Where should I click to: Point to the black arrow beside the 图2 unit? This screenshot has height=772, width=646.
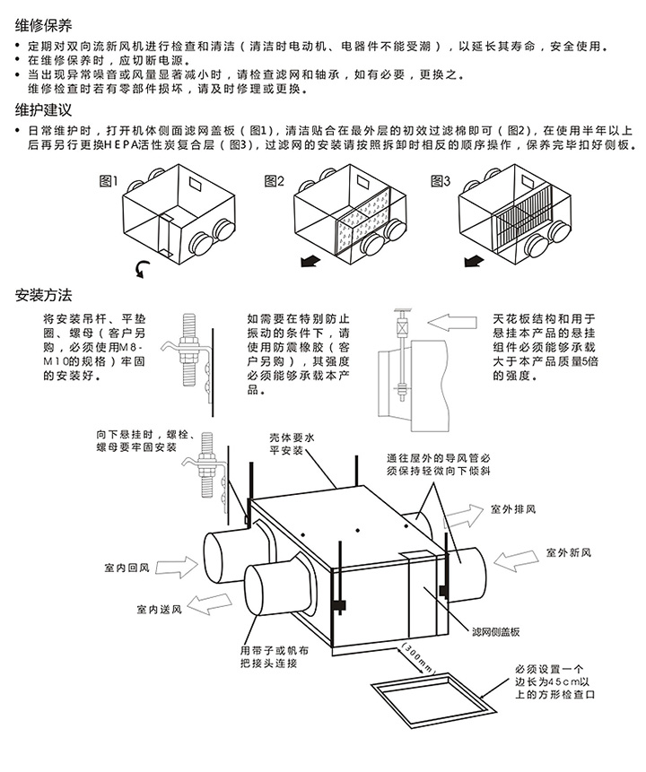point(309,260)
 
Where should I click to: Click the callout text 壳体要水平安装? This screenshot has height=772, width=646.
point(292,445)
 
